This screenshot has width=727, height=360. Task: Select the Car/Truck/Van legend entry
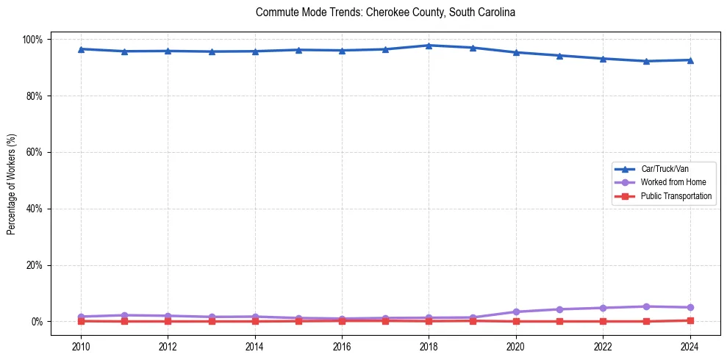click(x=665, y=169)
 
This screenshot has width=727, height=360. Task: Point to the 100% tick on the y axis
click(x=33, y=39)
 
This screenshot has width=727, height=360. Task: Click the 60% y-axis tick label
click(x=35, y=152)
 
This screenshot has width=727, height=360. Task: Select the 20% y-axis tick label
click(x=35, y=265)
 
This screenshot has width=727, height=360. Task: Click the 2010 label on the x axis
click(x=81, y=345)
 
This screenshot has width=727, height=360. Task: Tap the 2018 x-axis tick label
click(x=429, y=345)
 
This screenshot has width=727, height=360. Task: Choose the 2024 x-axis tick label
click(x=690, y=345)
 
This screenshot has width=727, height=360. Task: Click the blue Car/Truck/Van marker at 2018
click(x=429, y=46)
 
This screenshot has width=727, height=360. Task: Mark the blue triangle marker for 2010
click(x=81, y=49)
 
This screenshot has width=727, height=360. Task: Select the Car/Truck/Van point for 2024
click(x=690, y=60)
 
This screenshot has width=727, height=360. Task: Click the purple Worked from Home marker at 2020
click(x=516, y=312)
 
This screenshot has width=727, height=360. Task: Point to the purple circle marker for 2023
click(x=646, y=306)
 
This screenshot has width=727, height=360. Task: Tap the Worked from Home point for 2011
click(x=124, y=315)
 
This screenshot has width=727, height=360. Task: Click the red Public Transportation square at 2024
click(x=690, y=320)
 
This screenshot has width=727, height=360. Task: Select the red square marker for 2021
click(x=559, y=321)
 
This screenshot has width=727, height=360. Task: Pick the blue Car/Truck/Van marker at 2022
click(x=603, y=59)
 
